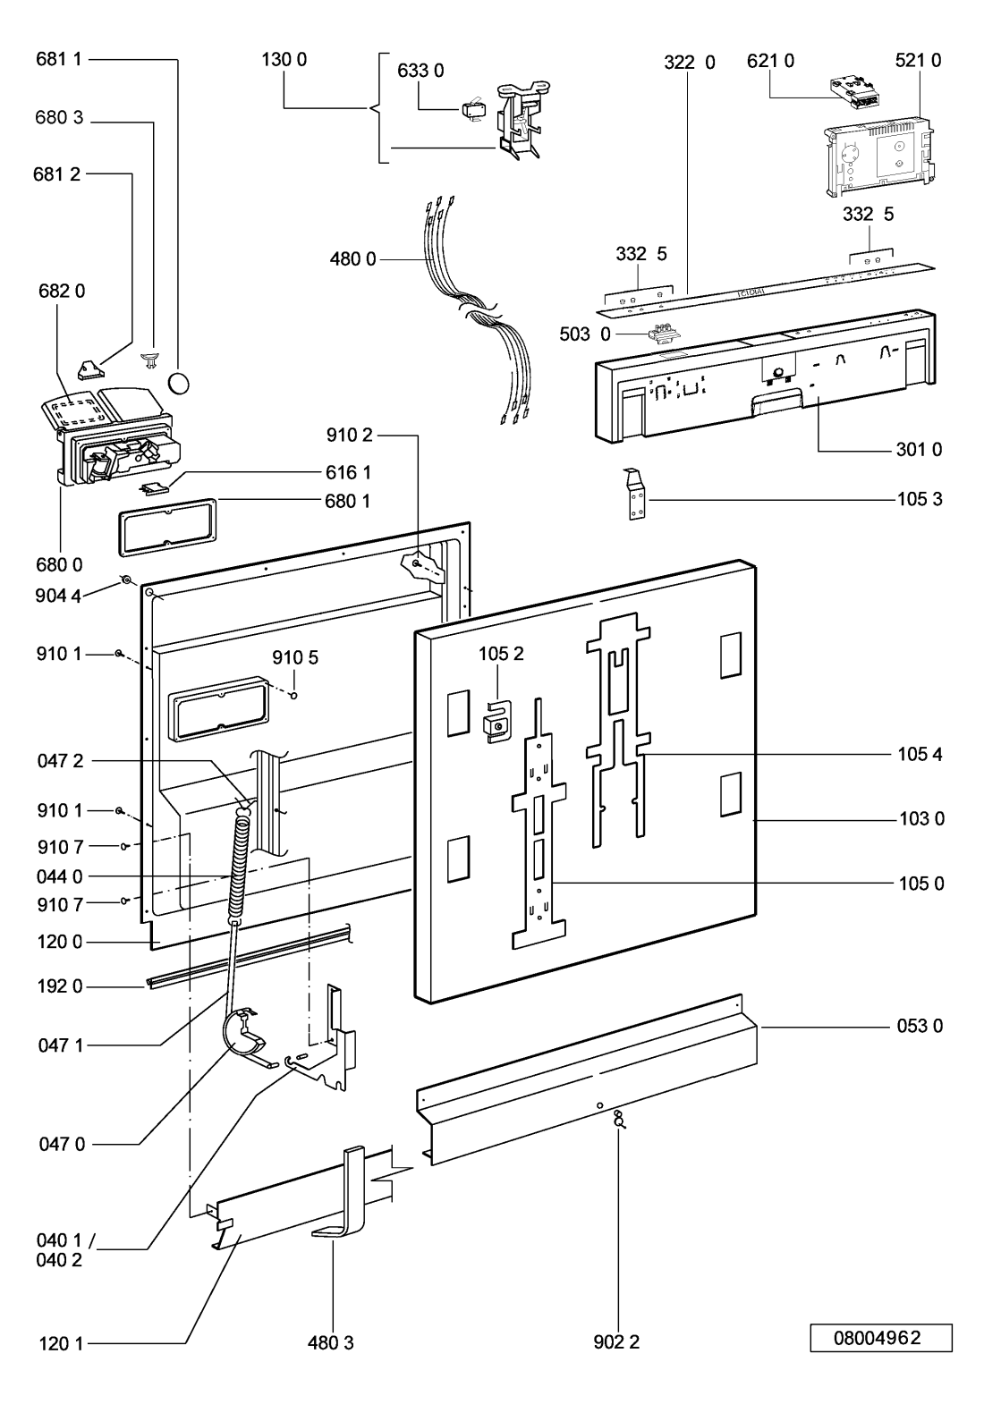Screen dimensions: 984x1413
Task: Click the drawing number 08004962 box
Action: point(880,1338)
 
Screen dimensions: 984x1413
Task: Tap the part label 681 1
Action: point(59,59)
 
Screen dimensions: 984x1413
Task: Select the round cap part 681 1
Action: point(179,382)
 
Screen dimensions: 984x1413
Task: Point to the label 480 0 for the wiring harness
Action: point(352,258)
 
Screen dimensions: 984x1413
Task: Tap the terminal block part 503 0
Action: point(660,333)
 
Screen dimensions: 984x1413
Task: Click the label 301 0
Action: point(919,449)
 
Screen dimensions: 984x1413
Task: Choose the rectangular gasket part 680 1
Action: point(167,528)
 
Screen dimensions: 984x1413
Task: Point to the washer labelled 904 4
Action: point(126,580)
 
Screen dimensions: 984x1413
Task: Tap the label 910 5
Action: point(295,657)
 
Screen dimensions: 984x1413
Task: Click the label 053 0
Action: point(920,1026)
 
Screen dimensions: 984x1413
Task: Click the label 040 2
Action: point(59,1260)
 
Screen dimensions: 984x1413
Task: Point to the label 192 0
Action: point(59,986)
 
